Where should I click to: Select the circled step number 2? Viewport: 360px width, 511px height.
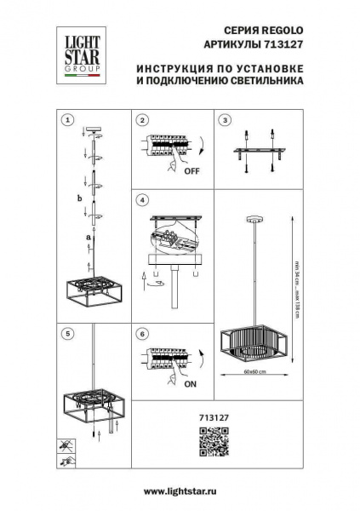pyautogui.click(x=142, y=120)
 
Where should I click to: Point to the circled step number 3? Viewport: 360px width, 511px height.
pyautogui.click(x=224, y=120)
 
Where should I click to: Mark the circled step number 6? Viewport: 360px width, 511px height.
pyautogui.click(x=142, y=334)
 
